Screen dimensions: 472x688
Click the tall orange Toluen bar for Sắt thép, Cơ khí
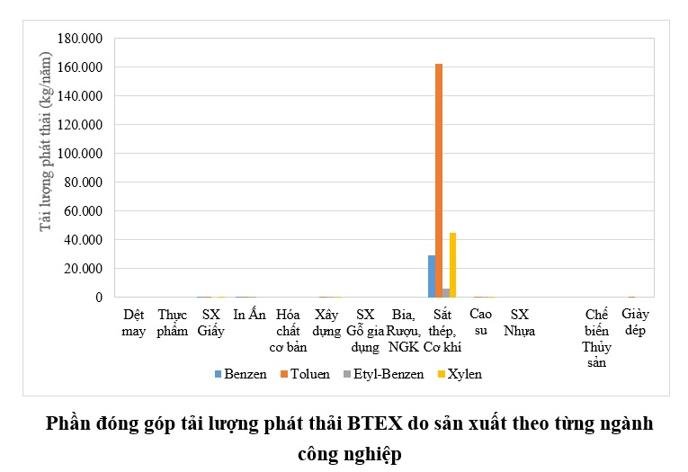pyautogui.click(x=439, y=180)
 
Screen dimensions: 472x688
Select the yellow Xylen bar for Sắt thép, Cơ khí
pyautogui.click(x=452, y=265)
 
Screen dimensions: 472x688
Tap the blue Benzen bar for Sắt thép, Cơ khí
pyautogui.click(x=432, y=276)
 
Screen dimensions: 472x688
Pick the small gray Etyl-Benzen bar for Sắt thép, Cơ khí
pyautogui.click(x=446, y=293)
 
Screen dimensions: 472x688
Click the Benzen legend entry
pyautogui.click(x=240, y=374)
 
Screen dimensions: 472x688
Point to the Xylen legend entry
pyautogui.click(x=462, y=374)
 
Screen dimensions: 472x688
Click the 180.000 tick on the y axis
pyautogui.click(x=79, y=39)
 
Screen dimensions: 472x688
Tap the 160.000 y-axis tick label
pyautogui.click(x=79, y=67)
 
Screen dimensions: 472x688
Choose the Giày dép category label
pyautogui.click(x=635, y=323)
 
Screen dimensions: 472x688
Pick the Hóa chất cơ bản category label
pyautogui.click(x=289, y=331)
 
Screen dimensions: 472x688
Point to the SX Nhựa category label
pyautogui.click(x=520, y=323)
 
